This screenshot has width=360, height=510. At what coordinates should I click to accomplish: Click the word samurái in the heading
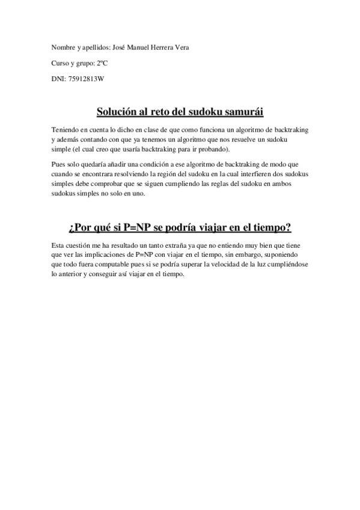click(242, 112)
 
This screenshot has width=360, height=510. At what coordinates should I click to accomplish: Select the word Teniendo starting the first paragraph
click(65, 131)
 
